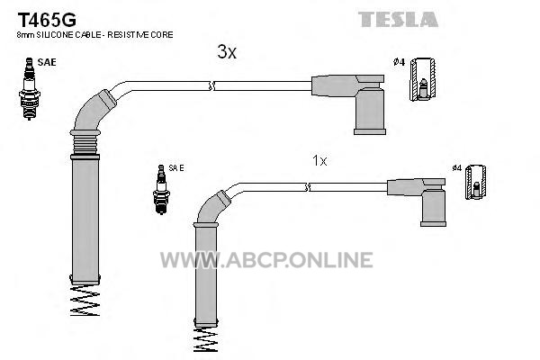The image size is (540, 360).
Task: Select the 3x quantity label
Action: (227, 52)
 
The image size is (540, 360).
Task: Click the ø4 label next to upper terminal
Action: (399, 61)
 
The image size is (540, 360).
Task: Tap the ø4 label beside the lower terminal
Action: (456, 168)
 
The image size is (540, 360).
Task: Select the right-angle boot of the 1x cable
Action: (429, 200)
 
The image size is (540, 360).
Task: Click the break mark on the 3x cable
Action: (212, 85)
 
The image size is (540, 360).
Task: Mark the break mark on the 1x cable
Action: (308, 187)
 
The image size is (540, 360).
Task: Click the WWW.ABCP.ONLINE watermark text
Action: (265, 260)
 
